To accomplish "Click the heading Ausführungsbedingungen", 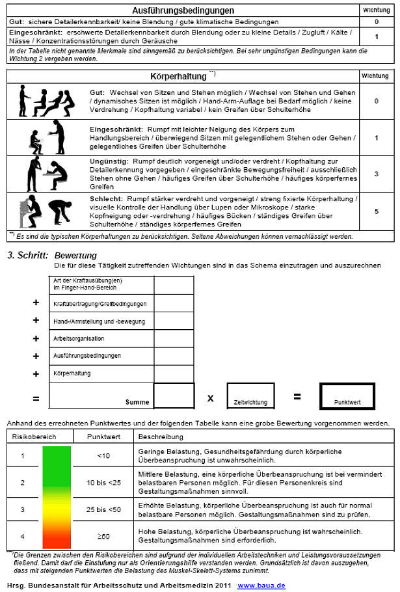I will (x=183, y=10).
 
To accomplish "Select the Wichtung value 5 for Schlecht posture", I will (x=376, y=211).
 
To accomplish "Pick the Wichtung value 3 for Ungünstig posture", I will (x=376, y=174).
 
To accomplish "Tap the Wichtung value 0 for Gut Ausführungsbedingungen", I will (x=376, y=21).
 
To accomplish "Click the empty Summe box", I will (x=174, y=396).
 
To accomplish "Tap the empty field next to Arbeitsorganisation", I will (x=174, y=338).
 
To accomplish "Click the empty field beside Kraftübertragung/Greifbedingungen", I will (x=174, y=303).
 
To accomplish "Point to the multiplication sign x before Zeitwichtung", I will (x=210, y=396).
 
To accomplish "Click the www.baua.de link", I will (x=261, y=585).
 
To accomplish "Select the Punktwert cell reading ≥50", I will (x=103, y=536).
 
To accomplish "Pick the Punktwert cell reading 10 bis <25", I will (x=103, y=482).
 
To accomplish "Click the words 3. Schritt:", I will (x=27, y=256).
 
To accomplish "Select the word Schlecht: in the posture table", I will (x=104, y=198).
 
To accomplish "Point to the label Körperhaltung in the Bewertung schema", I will (x=73, y=373).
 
